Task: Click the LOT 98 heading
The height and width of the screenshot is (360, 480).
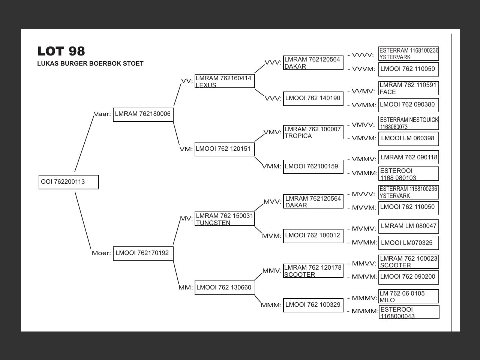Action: point(61,51)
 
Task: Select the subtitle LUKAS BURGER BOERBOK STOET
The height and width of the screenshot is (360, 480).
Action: point(90,63)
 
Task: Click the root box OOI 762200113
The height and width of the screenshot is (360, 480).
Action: point(69,182)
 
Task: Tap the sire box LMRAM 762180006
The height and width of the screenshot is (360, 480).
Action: point(143,114)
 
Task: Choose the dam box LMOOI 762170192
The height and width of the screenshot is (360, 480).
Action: point(143,253)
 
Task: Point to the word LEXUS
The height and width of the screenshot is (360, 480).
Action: point(206,85)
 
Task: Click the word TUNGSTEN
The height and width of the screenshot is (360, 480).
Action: point(213,223)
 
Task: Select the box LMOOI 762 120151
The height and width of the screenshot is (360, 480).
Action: point(224,149)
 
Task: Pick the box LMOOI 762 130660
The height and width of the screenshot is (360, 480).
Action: point(224,288)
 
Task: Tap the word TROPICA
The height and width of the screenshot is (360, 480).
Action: point(298,136)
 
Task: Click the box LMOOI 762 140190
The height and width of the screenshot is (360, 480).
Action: point(313,98)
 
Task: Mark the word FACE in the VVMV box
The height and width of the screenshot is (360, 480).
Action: point(388,92)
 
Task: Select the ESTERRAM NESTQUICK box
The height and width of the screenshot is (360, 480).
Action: point(409,123)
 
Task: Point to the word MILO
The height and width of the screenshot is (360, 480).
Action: point(387,300)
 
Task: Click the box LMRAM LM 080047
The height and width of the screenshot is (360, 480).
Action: point(409,226)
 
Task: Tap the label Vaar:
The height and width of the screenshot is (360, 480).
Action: point(102,114)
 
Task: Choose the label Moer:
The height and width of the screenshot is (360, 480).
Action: point(101,253)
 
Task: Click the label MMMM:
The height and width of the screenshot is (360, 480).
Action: point(365,311)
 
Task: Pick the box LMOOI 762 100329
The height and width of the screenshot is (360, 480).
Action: point(313,305)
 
